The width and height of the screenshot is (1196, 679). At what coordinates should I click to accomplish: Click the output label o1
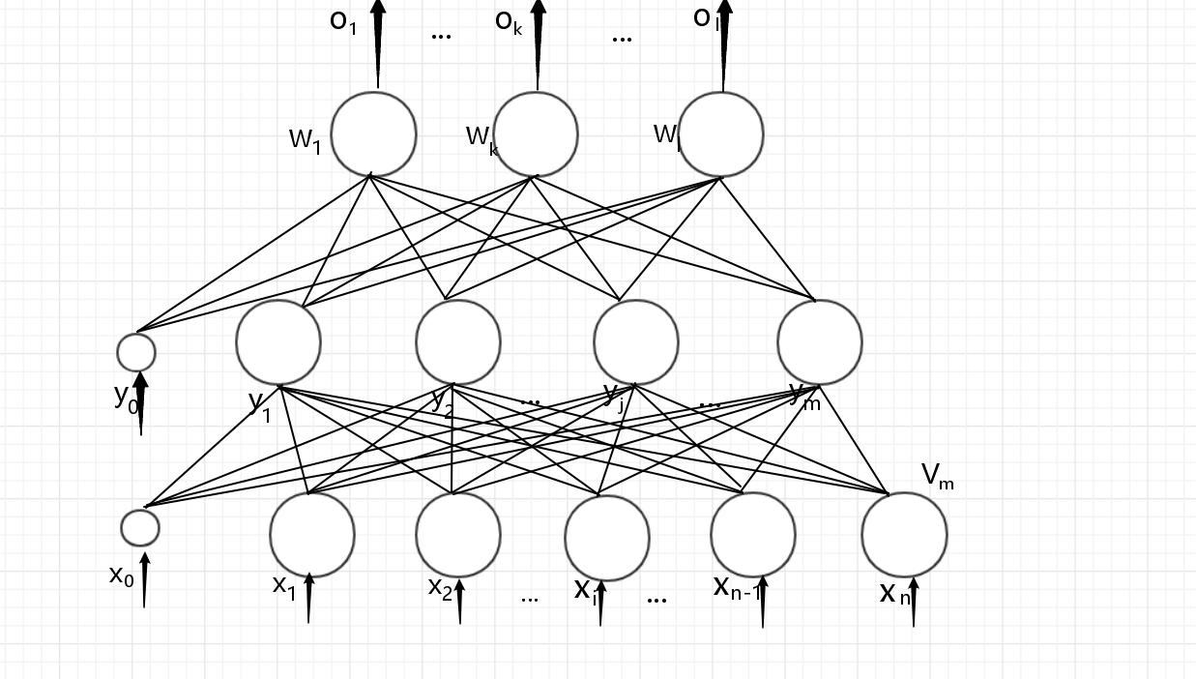point(343,20)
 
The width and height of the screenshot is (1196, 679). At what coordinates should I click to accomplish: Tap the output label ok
point(509,21)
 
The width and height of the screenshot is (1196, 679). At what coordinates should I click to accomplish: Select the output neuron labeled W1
point(373,134)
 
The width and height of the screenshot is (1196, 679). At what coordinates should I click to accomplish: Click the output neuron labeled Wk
point(536,134)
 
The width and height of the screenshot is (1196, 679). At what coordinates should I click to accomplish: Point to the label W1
point(305,139)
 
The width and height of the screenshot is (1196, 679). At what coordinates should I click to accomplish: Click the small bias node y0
point(136,352)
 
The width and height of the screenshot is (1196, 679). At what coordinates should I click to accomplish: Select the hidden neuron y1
point(278,342)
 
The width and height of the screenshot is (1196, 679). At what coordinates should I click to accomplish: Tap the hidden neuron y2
point(458,342)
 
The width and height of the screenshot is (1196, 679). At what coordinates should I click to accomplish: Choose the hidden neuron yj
point(636,342)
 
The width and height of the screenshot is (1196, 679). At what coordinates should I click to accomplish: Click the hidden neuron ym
point(819,342)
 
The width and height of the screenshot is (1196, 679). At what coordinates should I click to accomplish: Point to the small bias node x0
point(140,528)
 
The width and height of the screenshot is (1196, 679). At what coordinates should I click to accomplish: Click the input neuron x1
point(312,535)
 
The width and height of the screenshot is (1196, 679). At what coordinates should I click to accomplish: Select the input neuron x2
point(458,535)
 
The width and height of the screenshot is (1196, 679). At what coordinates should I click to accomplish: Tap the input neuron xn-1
point(753,534)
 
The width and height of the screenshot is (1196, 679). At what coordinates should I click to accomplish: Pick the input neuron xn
point(904,535)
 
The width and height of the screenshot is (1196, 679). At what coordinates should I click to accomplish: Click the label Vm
point(937,476)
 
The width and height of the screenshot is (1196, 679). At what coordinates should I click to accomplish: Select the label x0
point(121,576)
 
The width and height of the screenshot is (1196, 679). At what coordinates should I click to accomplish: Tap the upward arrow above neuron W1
point(377,44)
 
